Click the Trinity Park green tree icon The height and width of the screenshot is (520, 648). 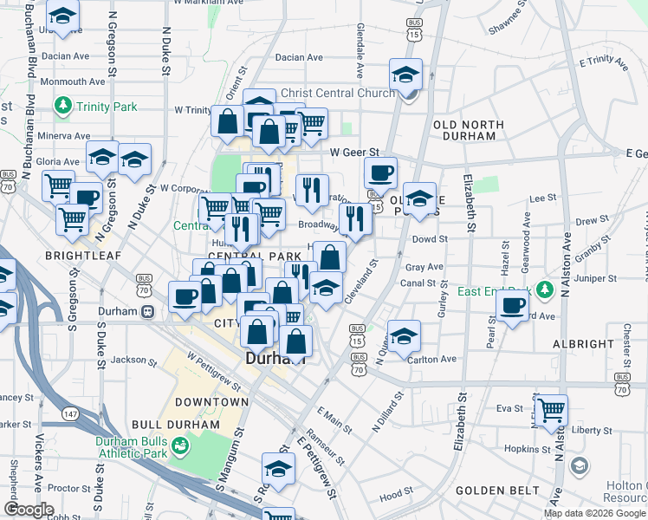coord(62,107)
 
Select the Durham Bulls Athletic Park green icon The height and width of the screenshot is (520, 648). coord(180,445)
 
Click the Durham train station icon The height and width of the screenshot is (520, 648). coord(148,311)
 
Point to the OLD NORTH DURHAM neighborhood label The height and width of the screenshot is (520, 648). coord(469,130)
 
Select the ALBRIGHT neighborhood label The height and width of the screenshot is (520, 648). coord(582,344)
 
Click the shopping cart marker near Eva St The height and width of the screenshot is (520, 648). coord(550,409)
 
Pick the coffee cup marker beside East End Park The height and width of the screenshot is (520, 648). coord(513,306)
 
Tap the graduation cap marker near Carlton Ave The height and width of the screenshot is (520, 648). coord(404,335)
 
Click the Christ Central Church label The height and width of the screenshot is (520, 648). coord(325,93)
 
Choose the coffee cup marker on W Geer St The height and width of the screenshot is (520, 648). coord(380,172)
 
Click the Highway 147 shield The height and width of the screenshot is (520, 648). coord(70,415)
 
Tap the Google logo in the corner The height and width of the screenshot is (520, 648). coord(29,510)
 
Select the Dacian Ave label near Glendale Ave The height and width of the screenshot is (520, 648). coord(298,58)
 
